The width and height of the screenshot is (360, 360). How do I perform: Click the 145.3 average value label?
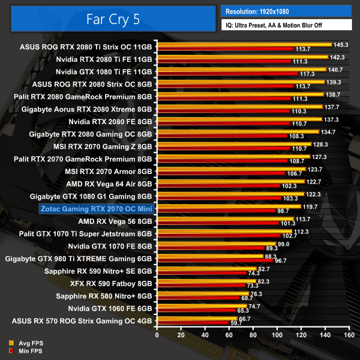coord(341,44)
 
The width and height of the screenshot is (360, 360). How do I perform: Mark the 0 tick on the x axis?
coord(157,337)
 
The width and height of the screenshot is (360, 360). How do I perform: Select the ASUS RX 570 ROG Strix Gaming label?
coord(86,320)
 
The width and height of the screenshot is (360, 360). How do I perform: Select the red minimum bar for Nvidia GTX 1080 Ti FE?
coord(227,74)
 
